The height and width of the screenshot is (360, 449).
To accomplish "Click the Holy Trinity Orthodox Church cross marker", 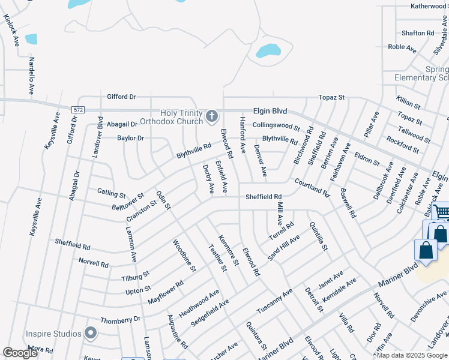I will coord(211,116).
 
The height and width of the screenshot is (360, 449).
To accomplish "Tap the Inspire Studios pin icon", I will coord(91,333).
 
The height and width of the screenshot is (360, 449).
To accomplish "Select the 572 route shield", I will coord(78,110).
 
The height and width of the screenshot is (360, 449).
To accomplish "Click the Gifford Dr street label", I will coord(122,97).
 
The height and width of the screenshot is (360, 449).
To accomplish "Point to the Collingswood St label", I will coord(276,126).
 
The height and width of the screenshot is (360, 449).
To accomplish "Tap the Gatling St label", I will coord(111,193).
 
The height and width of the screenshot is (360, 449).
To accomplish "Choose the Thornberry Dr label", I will coord(120,319).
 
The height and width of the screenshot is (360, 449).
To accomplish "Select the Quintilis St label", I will coord(318,236).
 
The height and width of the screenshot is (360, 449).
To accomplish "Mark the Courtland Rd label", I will coord(312,187).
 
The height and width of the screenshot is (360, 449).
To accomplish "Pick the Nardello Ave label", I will coord(31,76).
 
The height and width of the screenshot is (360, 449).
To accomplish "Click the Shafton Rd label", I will coord(418,33).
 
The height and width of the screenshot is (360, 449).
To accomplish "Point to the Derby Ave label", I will coord(208,179).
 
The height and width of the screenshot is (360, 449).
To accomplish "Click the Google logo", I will coord(20,352).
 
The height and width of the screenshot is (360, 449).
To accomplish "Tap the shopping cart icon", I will coord(441,211).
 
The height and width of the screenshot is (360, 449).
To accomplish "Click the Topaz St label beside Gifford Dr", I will coord(332,97).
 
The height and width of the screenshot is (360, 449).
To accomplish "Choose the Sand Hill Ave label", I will coord(283,247).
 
